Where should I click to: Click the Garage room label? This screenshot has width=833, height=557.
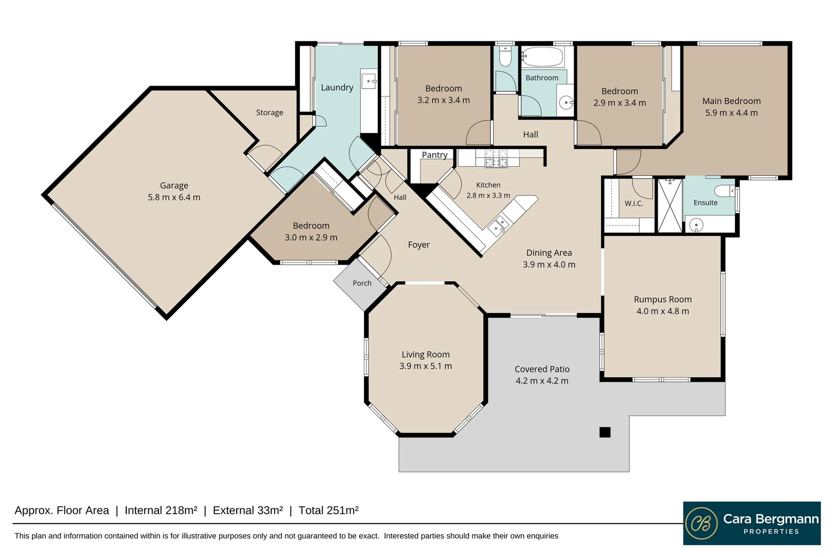pyautogui.click(x=174, y=185)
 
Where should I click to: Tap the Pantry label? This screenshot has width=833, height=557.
pyautogui.click(x=435, y=155)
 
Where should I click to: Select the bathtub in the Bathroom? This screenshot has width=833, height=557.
pyautogui.click(x=543, y=57)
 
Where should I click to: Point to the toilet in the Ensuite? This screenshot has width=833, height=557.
pyautogui.click(x=724, y=190)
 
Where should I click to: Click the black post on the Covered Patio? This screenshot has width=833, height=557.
pyautogui.click(x=605, y=432)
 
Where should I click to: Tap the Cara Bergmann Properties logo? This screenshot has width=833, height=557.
pyautogui.click(x=752, y=523)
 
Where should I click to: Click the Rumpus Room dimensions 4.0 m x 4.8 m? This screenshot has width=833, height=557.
pyautogui.click(x=663, y=311)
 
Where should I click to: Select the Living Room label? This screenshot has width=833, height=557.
pyautogui.click(x=425, y=355)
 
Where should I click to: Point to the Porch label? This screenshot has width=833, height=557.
pyautogui.click(x=362, y=283)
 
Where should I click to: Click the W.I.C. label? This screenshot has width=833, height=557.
pyautogui.click(x=634, y=204)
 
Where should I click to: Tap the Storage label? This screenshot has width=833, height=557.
pyautogui.click(x=270, y=112)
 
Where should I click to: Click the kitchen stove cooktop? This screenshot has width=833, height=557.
pyautogui.click(x=496, y=158)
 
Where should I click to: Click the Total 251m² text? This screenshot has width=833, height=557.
pyautogui.click(x=328, y=511)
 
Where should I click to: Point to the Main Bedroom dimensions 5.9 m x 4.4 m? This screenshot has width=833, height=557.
pyautogui.click(x=731, y=113)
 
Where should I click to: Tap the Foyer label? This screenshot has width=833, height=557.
pyautogui.click(x=419, y=245)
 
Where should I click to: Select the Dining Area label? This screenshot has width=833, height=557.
pyautogui.click(x=549, y=253)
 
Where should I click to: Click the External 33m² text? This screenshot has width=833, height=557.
pyautogui.click(x=247, y=511)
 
